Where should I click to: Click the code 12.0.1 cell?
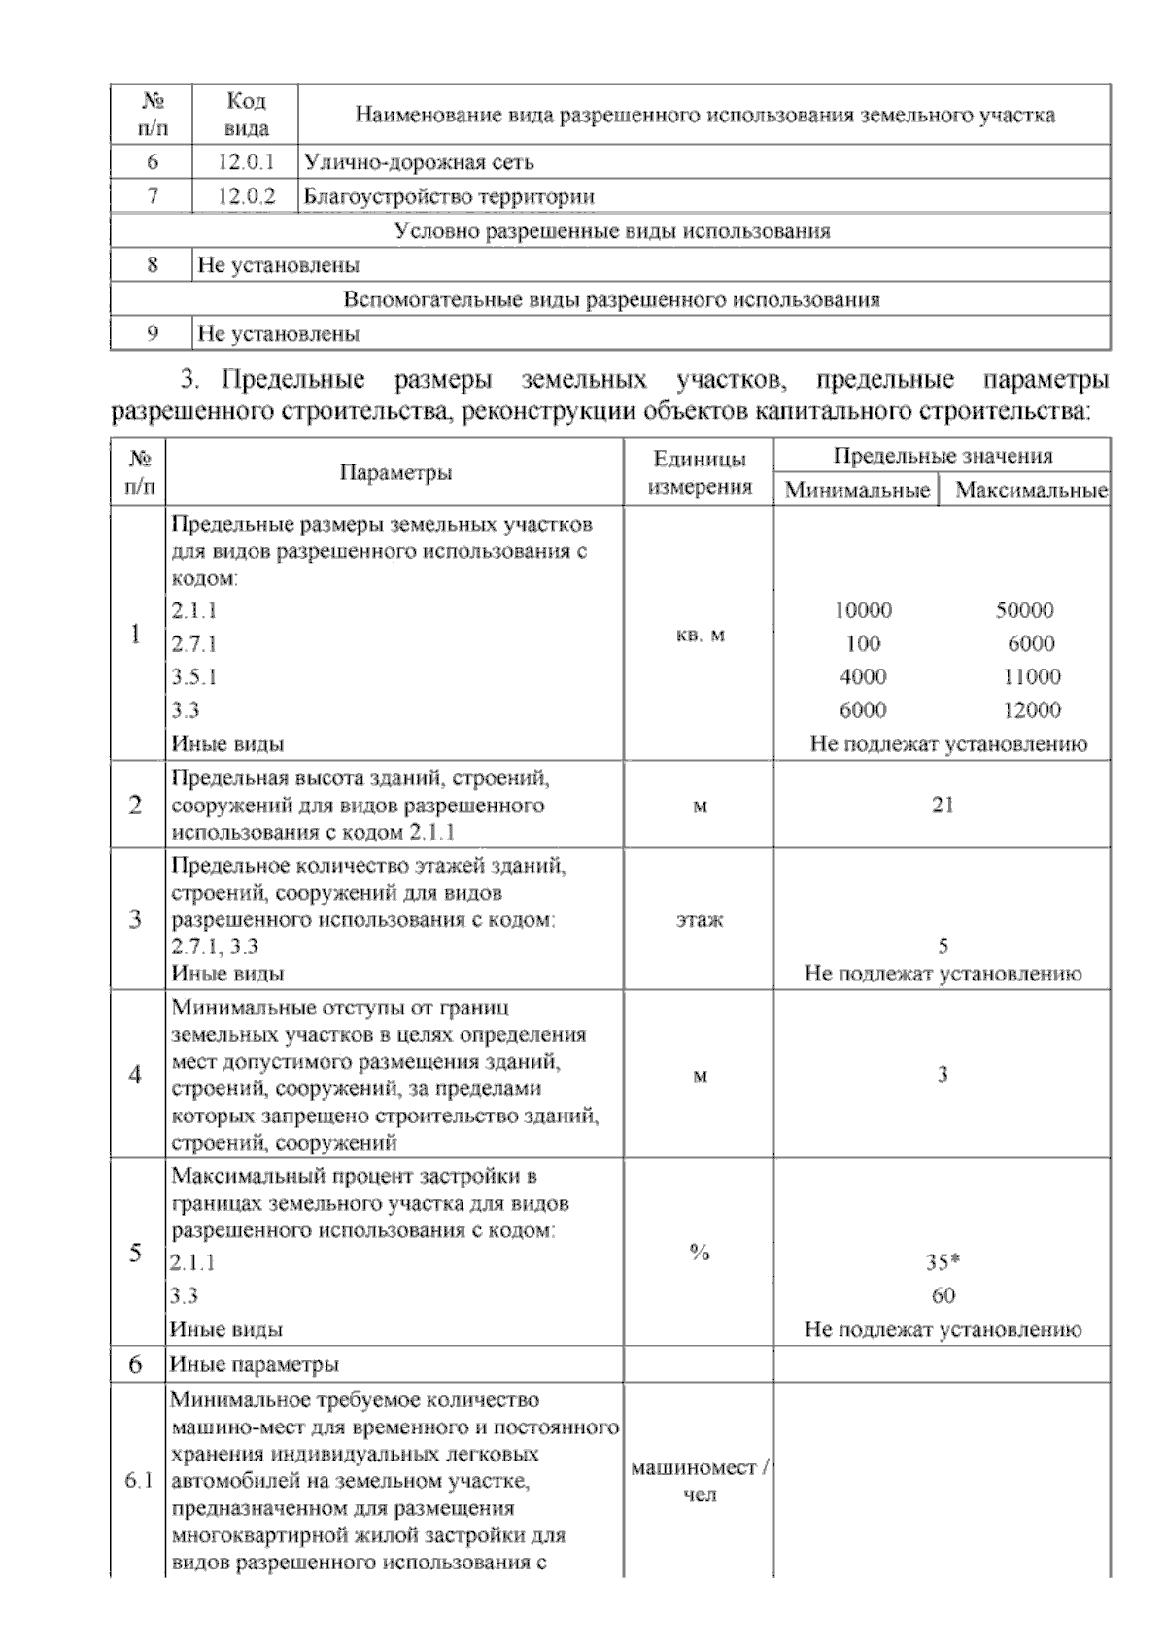(x=246, y=162)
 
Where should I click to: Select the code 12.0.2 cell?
(x=246, y=196)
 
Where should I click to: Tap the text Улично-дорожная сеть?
(x=419, y=162)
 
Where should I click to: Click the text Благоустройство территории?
(x=449, y=196)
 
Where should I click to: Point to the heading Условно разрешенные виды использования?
(x=611, y=231)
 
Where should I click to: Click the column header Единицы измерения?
(x=700, y=472)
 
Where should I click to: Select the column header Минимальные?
(x=857, y=490)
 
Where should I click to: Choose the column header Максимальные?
(x=1030, y=490)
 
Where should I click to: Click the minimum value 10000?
(x=863, y=610)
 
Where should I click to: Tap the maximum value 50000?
(x=1024, y=610)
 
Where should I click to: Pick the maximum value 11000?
(x=1031, y=676)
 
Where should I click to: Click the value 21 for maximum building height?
(x=943, y=805)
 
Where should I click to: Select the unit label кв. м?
(x=700, y=636)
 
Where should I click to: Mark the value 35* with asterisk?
(x=943, y=1262)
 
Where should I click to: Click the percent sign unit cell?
(x=700, y=1253)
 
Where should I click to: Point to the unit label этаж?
(x=700, y=919)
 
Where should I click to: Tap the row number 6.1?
(x=138, y=1481)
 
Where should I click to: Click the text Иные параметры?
(x=255, y=1364)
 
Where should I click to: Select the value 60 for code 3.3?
(x=943, y=1295)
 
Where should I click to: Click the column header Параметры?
(x=395, y=473)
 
